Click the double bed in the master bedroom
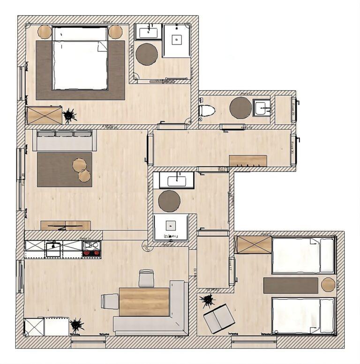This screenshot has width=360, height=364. (80, 59)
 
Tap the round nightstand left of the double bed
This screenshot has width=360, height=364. (45, 32)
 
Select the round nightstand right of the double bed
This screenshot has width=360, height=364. (115, 32)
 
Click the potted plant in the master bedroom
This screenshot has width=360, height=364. (70, 115)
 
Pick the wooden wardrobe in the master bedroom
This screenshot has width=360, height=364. (44, 115)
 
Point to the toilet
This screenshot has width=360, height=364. (207, 111)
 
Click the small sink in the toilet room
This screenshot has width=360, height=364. (261, 108)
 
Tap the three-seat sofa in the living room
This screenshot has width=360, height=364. (65, 140)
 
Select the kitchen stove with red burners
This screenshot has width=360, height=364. (91, 249)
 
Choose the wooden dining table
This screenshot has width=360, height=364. (144, 302)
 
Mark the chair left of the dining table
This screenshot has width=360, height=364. (110, 301)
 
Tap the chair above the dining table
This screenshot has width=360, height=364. (146, 278)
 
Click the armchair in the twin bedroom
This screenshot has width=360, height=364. (219, 319)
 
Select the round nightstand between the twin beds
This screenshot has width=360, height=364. (328, 284)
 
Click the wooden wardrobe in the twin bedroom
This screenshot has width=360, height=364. (253, 245)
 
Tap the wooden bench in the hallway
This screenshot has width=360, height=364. (248, 161)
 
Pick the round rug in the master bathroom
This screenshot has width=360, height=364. (147, 54)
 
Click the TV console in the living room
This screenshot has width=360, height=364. (66, 225)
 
